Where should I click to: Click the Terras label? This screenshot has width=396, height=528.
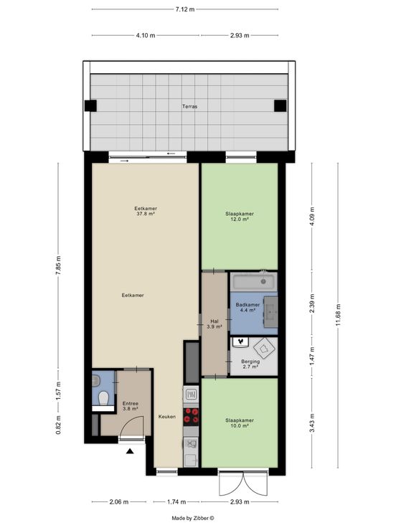(189, 106)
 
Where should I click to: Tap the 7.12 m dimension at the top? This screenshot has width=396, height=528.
(185, 9)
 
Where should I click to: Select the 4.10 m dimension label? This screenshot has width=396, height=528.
(146, 35)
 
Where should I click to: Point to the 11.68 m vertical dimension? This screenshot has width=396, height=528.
(338, 314)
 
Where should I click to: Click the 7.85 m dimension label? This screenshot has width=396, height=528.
(58, 265)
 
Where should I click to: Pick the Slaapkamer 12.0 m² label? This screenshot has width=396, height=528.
(240, 217)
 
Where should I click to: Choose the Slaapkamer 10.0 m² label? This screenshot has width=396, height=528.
(240, 423)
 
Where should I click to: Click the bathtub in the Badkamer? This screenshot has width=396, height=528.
(254, 281)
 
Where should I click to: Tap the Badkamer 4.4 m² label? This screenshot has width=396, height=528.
(247, 307)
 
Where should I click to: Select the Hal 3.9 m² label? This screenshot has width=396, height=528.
(214, 324)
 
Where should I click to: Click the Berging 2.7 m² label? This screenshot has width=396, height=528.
(250, 364)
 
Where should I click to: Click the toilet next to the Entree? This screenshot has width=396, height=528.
(103, 398)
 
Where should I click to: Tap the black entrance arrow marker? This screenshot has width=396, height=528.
(130, 451)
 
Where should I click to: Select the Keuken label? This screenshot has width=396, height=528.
(167, 417)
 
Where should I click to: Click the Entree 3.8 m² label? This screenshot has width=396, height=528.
(131, 406)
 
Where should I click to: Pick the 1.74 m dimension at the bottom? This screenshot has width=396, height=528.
(176, 501)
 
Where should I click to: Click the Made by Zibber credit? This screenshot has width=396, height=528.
(193, 518)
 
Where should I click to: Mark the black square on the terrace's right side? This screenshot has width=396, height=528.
(280, 105)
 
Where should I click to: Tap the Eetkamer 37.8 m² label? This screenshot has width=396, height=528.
(146, 211)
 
